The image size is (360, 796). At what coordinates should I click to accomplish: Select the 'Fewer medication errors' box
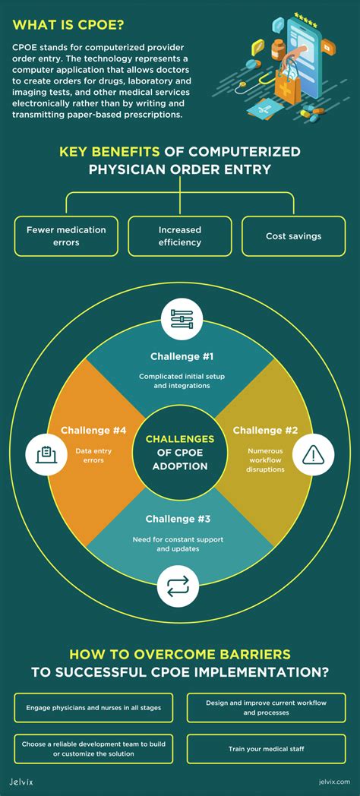pos(66,236)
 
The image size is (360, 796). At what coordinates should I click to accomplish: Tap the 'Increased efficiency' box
pos(180,236)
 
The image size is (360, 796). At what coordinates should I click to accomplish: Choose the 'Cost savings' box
pos(293,236)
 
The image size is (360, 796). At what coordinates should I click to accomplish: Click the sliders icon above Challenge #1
pos(182,319)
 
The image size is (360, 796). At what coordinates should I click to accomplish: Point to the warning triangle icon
pos(313,454)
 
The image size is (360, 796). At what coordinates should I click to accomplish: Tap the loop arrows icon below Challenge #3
pos(178,586)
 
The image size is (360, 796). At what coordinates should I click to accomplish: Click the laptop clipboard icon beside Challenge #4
pos(47,454)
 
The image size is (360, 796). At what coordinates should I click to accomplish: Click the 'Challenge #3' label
pos(178,519)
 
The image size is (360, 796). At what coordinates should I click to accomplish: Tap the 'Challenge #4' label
pos(93,431)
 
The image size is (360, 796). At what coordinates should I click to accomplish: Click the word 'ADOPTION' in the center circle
pos(180,465)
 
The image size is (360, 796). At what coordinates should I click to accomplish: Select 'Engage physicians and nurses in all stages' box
pos(93,708)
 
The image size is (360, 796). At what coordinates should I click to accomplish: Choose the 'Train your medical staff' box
pos(266,749)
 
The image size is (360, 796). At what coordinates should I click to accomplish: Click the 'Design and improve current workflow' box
pos(266,708)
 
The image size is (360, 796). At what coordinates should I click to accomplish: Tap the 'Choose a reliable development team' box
pos(93,749)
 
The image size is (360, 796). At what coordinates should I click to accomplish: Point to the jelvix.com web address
pos(335,782)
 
